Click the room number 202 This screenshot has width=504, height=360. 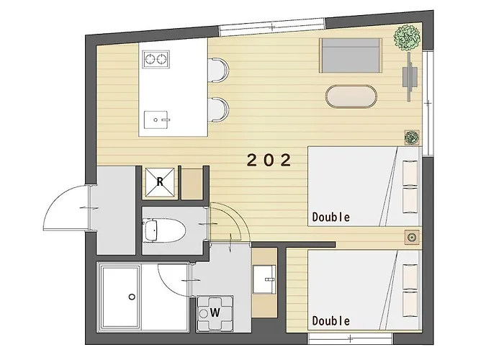tap(269, 160)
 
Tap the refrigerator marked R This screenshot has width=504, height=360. tap(160, 182)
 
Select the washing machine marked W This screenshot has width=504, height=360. tap(215, 312)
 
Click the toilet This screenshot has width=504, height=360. tap(164, 230)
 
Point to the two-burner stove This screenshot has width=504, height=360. tap(156, 59)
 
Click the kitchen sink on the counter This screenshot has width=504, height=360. tap(156, 120)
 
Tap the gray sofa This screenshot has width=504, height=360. tap(351, 55)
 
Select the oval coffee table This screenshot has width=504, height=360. tap(351, 96)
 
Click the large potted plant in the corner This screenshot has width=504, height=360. tap(408, 37)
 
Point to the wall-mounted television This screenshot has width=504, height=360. tap(410, 77)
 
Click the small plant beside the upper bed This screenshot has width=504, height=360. tap(412, 138)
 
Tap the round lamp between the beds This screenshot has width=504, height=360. tap(412, 238)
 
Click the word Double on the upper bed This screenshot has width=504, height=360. tap(331, 217)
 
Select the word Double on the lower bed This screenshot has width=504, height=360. tap(331, 320)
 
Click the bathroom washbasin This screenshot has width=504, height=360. tap(264, 279)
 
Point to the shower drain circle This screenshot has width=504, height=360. tap(132, 297)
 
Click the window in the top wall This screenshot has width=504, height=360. tap(272, 27)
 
